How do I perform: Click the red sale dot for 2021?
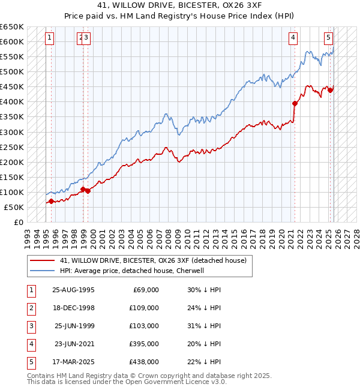pos(295,103)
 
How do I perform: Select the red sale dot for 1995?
pos(51,201)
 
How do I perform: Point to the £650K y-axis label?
pos(12,27)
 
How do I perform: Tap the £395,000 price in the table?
pos(145,344)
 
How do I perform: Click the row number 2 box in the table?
pos(31,308)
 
